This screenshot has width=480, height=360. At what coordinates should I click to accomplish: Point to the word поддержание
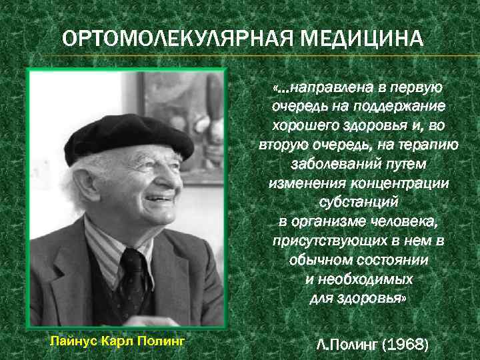pos(407,106)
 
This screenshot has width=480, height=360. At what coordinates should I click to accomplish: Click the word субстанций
pos(359,202)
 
